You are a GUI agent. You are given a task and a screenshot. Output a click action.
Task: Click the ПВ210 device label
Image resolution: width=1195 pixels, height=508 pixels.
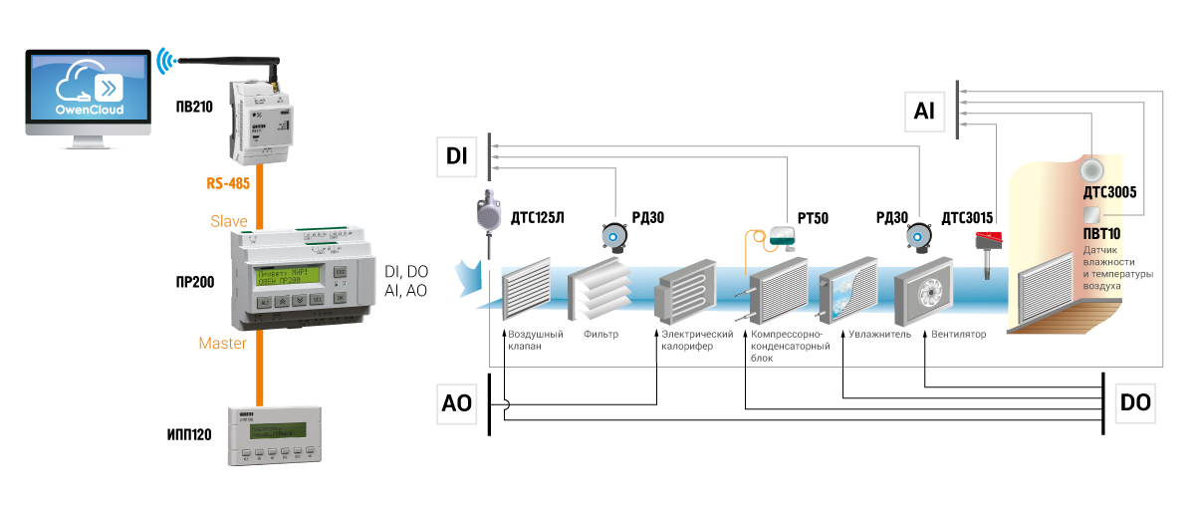(192, 106)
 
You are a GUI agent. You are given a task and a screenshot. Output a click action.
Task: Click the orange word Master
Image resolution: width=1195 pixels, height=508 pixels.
(223, 343)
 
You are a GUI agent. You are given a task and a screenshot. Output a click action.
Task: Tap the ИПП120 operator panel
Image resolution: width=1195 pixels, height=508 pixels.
(268, 435)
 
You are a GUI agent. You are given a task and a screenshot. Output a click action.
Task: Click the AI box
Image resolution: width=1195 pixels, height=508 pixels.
(924, 112)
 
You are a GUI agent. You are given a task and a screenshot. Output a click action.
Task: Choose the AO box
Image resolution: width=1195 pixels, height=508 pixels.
(457, 403)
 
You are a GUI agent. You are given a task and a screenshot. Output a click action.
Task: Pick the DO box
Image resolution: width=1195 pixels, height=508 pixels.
(1135, 403)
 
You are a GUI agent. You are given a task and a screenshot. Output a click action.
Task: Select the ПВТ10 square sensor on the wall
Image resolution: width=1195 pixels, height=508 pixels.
(1092, 215)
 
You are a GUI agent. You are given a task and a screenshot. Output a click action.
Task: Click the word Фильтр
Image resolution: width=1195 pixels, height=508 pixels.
(600, 335)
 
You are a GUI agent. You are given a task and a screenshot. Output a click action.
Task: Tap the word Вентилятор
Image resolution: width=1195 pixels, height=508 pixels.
(960, 335)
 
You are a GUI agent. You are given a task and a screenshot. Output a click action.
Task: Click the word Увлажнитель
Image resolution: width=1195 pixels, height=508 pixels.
(881, 335)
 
